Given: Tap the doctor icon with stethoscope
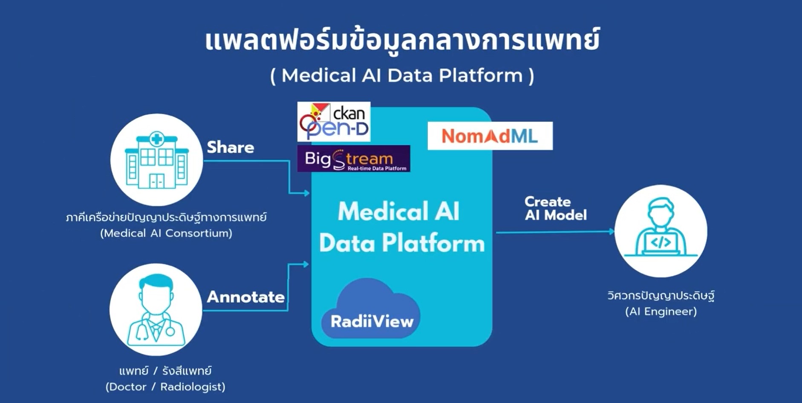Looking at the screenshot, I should click(x=156, y=310).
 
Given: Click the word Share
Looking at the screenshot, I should click(x=230, y=147).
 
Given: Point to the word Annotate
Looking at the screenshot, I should click(x=245, y=297).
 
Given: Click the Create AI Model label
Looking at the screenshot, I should click(x=555, y=208).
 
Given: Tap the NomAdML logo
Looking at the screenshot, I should click(x=490, y=136).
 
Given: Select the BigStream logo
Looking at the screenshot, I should click(x=354, y=159).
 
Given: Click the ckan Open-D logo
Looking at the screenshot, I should click(x=334, y=122).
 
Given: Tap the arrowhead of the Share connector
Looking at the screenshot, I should click(x=306, y=193).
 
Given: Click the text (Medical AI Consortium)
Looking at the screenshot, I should click(x=166, y=233).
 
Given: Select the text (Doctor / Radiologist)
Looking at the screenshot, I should click(x=165, y=387).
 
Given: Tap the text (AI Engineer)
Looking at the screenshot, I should click(x=661, y=312).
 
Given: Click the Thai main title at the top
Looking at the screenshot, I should click(x=402, y=40).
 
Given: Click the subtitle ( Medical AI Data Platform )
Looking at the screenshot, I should click(x=402, y=76).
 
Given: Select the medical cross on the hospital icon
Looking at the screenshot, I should click(x=157, y=139).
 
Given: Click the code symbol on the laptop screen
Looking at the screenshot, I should click(x=661, y=243).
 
